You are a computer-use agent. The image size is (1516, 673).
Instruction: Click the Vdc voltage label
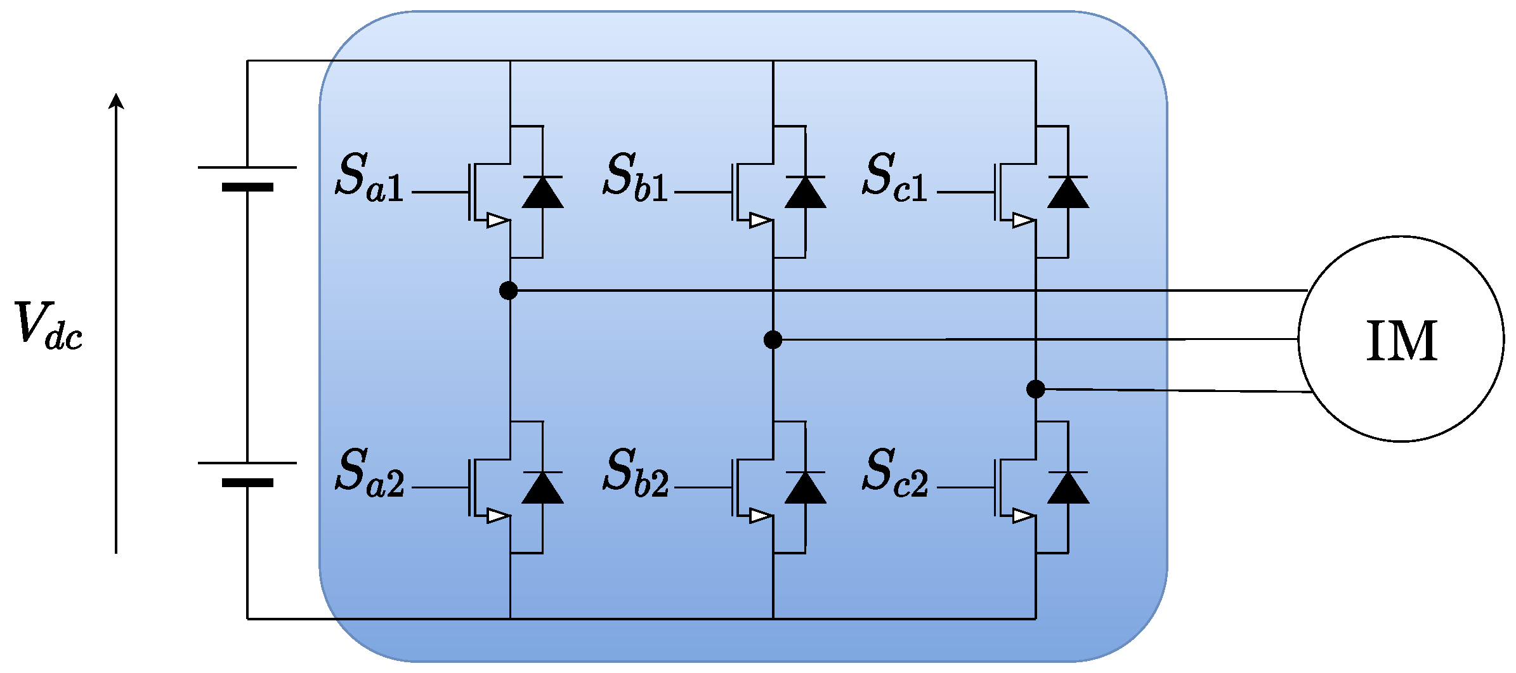click(48, 325)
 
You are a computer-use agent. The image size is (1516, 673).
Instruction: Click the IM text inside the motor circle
click(1401, 341)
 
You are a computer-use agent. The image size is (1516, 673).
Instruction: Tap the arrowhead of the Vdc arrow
click(116, 100)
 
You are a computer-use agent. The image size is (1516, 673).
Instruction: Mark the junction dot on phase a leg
click(508, 291)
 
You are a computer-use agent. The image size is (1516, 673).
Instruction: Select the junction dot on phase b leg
click(773, 340)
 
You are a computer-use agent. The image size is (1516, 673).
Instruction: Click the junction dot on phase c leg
click(1035, 389)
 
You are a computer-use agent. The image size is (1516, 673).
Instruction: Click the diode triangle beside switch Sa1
click(543, 193)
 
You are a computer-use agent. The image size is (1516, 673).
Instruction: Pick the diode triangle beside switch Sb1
click(806, 193)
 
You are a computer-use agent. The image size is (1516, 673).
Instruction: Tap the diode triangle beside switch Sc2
click(1068, 488)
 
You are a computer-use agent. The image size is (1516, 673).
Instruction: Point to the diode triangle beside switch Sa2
click(543, 488)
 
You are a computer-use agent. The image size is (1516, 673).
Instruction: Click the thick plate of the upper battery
click(247, 187)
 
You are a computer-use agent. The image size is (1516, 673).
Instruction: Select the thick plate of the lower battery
click(247, 483)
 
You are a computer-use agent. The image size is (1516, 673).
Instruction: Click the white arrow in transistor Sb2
click(761, 516)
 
